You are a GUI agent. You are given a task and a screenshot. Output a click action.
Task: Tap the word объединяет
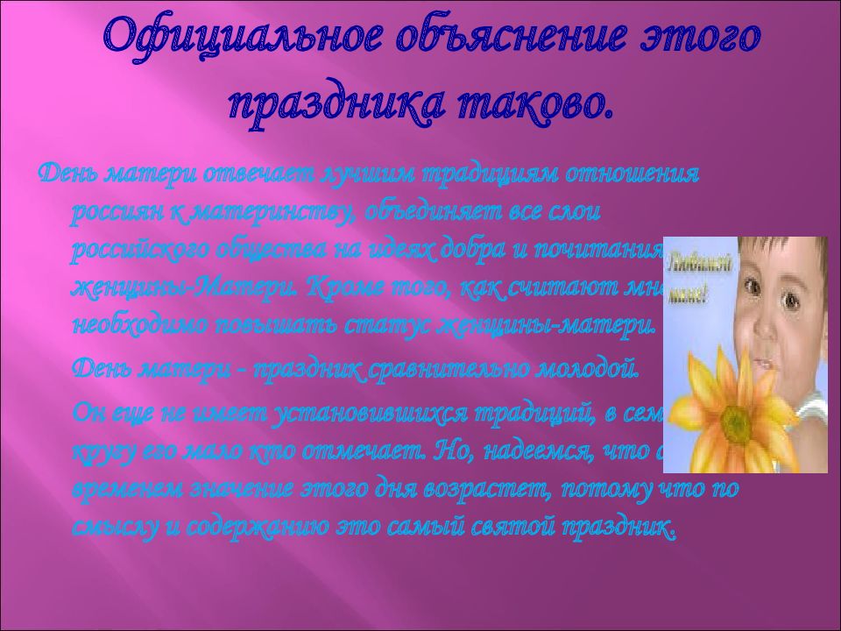[x=428, y=211]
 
